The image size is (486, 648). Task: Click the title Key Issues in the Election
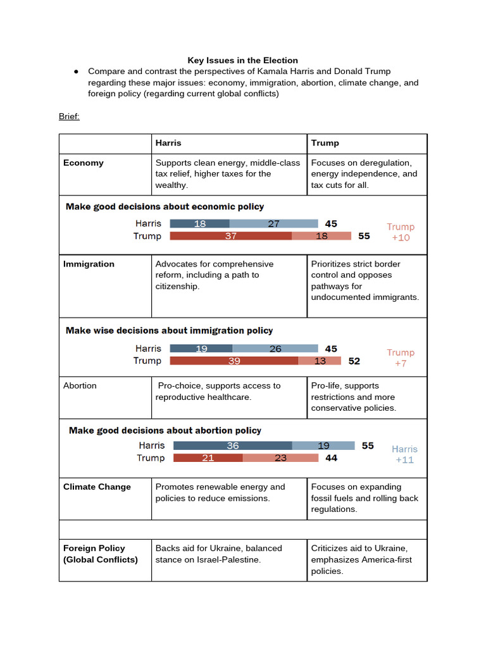tap(242, 60)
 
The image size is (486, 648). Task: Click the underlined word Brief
tap(69, 116)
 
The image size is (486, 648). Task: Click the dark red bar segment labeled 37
tap(230, 236)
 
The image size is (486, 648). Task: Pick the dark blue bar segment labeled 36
tap(232, 445)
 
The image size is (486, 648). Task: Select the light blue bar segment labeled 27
tap(273, 223)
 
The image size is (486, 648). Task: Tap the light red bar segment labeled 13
tap(320, 361)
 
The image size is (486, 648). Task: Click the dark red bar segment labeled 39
tap(234, 361)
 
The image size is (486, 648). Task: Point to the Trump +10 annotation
tap(401, 232)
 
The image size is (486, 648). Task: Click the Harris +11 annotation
tap(404, 454)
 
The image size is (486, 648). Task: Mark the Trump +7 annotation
tap(401, 358)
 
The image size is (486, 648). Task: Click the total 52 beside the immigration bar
tap(354, 361)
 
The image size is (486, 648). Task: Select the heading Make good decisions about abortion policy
tap(165, 430)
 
